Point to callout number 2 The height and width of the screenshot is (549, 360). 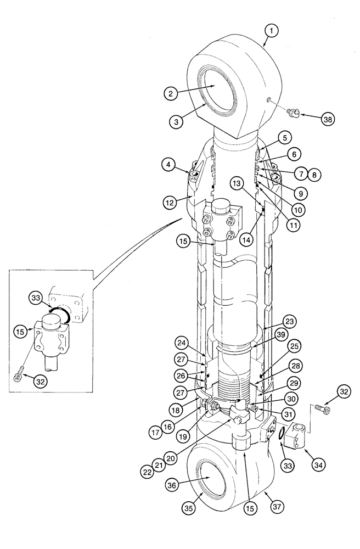172,93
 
